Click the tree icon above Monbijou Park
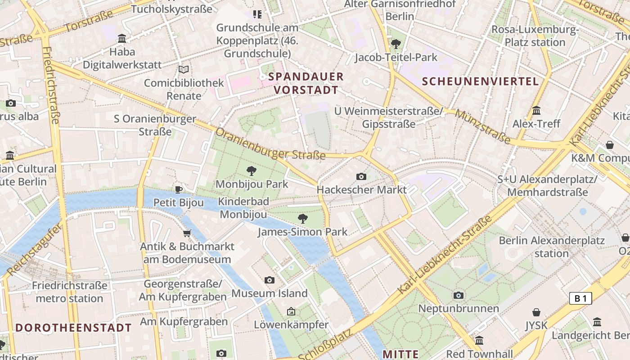(252, 171)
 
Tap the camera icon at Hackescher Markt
(361, 176)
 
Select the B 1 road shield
(580, 298)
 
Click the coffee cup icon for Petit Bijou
(179, 189)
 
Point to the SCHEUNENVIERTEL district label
(481, 81)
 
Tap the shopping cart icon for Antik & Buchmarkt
(187, 233)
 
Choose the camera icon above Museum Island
(269, 280)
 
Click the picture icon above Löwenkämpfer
(291, 311)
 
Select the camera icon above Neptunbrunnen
(459, 296)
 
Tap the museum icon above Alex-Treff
(536, 110)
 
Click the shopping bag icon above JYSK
(536, 312)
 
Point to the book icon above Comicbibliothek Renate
(183, 70)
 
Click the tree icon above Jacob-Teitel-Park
(396, 44)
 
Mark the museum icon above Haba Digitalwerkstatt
(122, 39)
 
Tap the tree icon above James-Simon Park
(303, 219)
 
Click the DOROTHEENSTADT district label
(74, 328)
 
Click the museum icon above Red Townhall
(479, 340)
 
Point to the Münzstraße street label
(482, 127)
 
